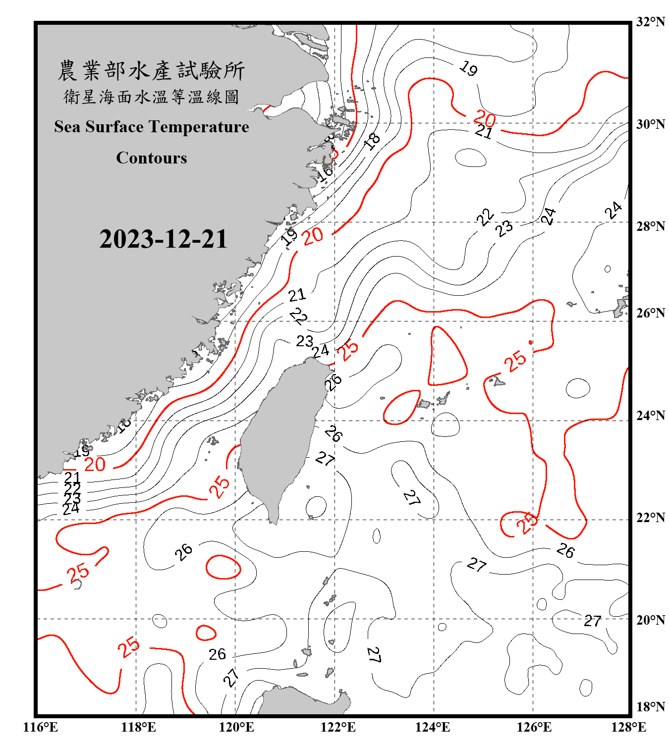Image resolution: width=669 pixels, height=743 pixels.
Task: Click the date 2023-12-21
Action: pyautogui.click(x=163, y=239)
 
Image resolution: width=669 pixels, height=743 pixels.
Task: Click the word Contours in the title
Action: pyautogui.click(x=152, y=158)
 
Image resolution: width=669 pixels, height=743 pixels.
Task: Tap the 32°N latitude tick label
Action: pyautogui.click(x=650, y=22)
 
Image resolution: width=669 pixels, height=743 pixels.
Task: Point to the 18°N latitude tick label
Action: pyautogui.click(x=650, y=707)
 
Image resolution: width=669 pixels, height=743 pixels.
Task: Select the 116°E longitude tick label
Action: pyautogui.click(x=41, y=727)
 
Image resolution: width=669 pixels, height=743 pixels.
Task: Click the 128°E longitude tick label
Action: pyautogui.click(x=628, y=727)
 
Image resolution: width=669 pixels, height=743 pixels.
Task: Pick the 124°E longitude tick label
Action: pyautogui.click(x=433, y=727)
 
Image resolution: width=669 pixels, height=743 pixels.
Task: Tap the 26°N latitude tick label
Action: pyautogui.click(x=650, y=313)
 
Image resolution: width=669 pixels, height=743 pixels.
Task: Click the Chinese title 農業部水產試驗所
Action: pyautogui.click(x=151, y=70)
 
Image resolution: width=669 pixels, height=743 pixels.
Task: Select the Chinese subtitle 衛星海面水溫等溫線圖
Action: pyautogui.click(x=151, y=97)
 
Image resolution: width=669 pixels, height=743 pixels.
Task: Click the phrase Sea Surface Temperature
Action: pyautogui.click(x=152, y=127)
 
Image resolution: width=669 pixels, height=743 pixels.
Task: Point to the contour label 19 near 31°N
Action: pyautogui.click(x=468, y=68)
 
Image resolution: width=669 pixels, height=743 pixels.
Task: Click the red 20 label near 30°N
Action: pyautogui.click(x=484, y=118)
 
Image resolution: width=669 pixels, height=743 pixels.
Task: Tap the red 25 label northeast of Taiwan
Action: pyautogui.click(x=348, y=350)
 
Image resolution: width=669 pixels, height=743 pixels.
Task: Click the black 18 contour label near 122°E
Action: pyautogui.click(x=372, y=141)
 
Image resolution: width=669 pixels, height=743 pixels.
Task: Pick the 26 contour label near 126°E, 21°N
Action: pyautogui.click(x=565, y=550)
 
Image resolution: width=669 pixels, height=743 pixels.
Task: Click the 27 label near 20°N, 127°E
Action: pyautogui.click(x=593, y=621)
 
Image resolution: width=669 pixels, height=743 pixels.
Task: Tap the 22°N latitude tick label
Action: pyautogui.click(x=650, y=518)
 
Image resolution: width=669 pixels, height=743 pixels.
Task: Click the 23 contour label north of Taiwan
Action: pyautogui.click(x=304, y=341)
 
